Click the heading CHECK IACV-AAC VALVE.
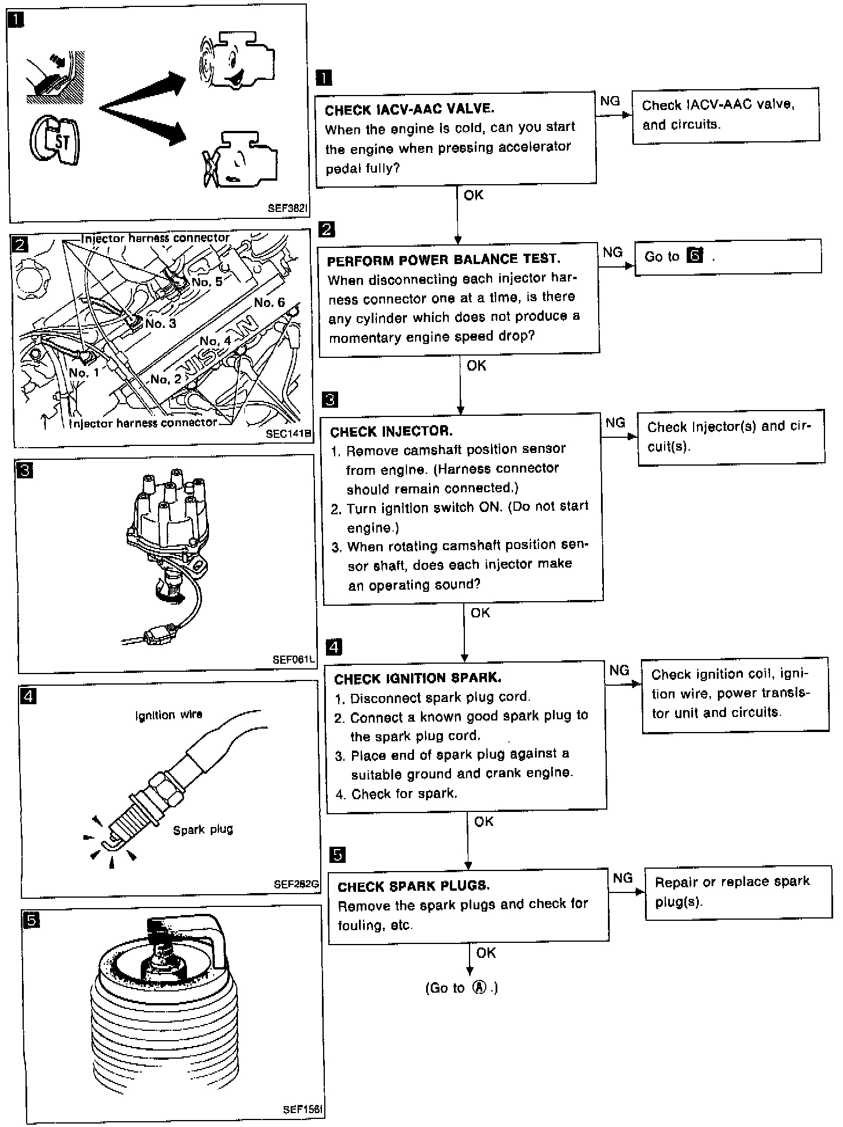pos(409,109)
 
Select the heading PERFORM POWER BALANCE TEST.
pos(443,259)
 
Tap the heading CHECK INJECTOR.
pos(391,431)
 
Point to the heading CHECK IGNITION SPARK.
pos(417,678)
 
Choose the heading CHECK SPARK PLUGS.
pos(413,886)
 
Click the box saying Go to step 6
pos(728,256)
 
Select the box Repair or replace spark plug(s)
pos(738,892)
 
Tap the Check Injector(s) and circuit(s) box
pos(731,437)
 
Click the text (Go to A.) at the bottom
pos(461,988)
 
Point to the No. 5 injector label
pos(207,282)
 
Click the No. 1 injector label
pos(84,372)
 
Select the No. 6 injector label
pos(269,302)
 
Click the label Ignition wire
pos(168,715)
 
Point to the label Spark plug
pos(203,829)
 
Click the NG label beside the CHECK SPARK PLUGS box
pos(622,878)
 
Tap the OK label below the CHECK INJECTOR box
pos(480,613)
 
